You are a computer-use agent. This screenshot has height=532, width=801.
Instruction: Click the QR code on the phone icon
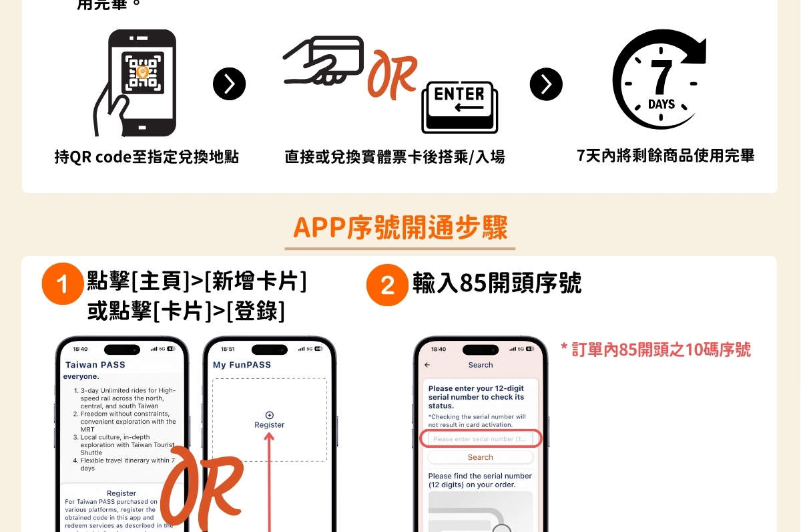pyautogui.click(x=142, y=72)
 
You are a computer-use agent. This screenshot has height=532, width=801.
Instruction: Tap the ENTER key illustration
pyautogui.click(x=459, y=107)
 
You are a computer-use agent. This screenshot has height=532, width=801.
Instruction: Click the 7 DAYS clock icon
pyautogui.click(x=659, y=80)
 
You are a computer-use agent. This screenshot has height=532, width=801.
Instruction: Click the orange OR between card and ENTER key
pyautogui.click(x=392, y=74)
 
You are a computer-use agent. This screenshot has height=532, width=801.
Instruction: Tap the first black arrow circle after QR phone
pyautogui.click(x=229, y=84)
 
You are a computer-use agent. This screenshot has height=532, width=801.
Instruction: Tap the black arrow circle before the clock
pyautogui.click(x=546, y=84)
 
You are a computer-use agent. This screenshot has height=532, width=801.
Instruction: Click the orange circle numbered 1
pyautogui.click(x=62, y=285)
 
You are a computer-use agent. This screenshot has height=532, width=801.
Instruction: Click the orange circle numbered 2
pyautogui.click(x=387, y=285)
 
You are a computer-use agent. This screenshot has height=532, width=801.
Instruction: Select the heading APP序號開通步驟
pyautogui.click(x=400, y=228)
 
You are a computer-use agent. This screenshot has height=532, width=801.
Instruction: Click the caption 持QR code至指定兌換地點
pyautogui.click(x=147, y=157)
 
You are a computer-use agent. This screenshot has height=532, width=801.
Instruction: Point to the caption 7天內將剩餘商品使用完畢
pyautogui.click(x=665, y=156)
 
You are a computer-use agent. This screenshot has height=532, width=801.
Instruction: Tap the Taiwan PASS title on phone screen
pyautogui.click(x=95, y=365)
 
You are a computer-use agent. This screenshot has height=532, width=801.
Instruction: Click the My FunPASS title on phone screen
pyautogui.click(x=242, y=365)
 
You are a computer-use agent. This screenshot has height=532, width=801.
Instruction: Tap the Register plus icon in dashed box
pyautogui.click(x=269, y=415)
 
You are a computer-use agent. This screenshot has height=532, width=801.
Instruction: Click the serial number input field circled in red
pyautogui.click(x=480, y=439)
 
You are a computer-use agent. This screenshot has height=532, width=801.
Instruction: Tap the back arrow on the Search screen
pyautogui.click(x=427, y=365)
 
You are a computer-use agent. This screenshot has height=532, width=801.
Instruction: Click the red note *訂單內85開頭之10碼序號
pyautogui.click(x=655, y=350)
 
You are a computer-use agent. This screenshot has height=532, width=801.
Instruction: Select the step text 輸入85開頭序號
pyautogui.click(x=497, y=283)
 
